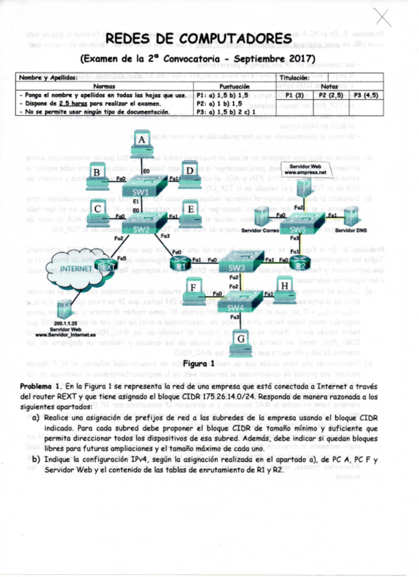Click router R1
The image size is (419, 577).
click(182, 265)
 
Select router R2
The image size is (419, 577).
click(301, 264)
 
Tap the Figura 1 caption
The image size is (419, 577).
click(204, 364)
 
